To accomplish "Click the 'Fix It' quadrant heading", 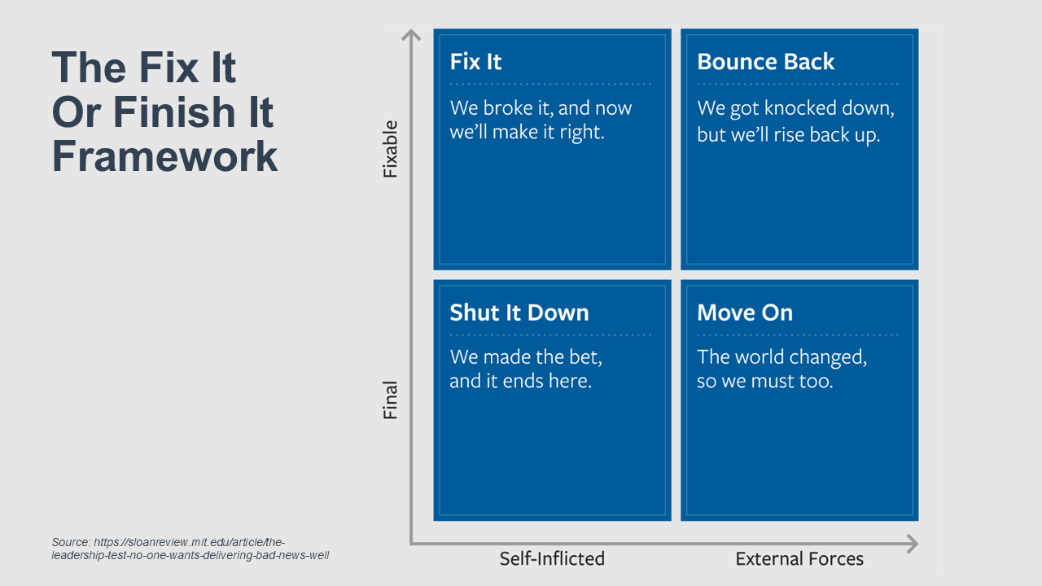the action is [x=475, y=61].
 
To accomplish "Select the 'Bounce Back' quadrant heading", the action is [x=766, y=61].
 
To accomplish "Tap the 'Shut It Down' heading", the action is [x=519, y=313].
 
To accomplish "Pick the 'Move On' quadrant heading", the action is [x=745, y=313].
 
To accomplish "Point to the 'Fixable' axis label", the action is [x=390, y=149].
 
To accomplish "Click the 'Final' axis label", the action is [x=390, y=400].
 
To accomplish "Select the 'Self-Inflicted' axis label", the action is [x=552, y=558].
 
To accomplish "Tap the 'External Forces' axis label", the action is [x=799, y=558].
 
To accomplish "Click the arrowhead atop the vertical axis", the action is [x=411, y=34].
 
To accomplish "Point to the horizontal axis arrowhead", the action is [x=913, y=544].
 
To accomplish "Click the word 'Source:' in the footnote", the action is [x=71, y=542].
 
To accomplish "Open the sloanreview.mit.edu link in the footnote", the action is [x=190, y=549].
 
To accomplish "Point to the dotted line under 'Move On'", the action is [x=797, y=335].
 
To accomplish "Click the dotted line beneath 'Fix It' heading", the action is [x=550, y=84].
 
